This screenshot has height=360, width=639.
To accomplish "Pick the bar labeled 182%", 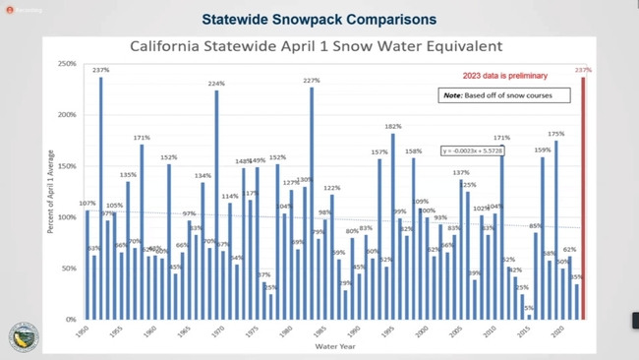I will tap(392, 226).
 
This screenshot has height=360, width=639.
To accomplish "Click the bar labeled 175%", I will tap(555, 230).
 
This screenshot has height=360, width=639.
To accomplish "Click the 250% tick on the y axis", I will tap(67, 64).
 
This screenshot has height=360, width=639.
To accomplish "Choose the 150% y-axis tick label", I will tap(67, 166).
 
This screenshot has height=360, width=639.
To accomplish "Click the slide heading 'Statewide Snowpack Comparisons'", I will tap(319, 20).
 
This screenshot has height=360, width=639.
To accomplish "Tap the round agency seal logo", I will tap(24, 335).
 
